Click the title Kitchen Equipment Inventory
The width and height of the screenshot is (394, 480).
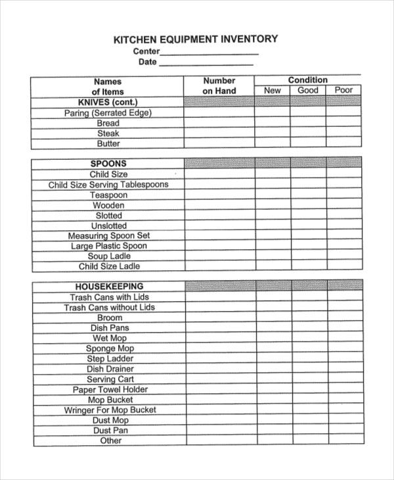[x=196, y=39]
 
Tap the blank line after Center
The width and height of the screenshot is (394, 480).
[x=209, y=53]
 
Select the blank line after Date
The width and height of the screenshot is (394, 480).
[x=206, y=64]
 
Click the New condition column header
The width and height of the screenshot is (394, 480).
[x=273, y=91]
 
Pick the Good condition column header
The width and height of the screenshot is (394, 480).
[x=308, y=91]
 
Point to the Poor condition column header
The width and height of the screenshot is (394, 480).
[x=343, y=91]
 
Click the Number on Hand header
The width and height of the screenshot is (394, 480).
[x=219, y=85]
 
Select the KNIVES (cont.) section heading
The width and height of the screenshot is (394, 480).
[x=108, y=103]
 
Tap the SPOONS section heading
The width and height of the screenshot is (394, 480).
[x=108, y=164]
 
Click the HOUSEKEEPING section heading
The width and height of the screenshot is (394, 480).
[x=109, y=287]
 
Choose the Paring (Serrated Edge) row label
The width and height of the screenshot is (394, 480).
[x=108, y=113]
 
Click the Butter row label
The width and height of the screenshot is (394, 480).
[x=108, y=143]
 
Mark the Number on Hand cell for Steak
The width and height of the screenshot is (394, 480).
[x=219, y=133]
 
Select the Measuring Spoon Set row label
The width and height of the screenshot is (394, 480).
[x=109, y=235]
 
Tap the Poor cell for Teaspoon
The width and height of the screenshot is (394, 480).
[x=343, y=195]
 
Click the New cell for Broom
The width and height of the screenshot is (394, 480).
[x=273, y=318]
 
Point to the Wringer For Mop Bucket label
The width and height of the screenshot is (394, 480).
[x=110, y=410]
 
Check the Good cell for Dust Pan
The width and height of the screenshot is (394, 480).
[x=309, y=431]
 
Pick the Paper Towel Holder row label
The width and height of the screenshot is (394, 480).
[x=110, y=389]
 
